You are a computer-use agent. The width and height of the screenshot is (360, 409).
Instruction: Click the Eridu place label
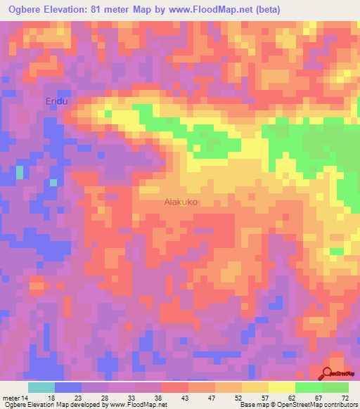(56, 102)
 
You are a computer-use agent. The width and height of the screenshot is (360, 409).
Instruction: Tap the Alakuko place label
(181, 201)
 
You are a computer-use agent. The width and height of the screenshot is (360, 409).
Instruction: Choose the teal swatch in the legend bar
(41, 387)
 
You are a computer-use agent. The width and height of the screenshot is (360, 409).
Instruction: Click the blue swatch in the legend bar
(68, 387)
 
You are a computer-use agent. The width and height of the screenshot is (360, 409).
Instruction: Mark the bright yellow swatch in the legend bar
(282, 387)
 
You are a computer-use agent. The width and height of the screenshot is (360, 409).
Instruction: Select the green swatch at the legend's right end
(335, 387)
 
